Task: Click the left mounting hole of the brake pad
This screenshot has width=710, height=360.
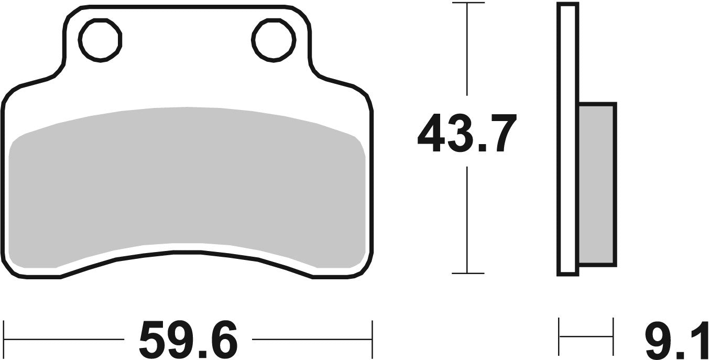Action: pyautogui.click(x=100, y=38)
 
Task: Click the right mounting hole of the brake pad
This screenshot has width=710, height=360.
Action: pyautogui.click(x=272, y=38)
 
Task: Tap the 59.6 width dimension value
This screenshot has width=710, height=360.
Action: pyautogui.click(x=188, y=340)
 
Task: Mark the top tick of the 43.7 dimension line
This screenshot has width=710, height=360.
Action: pyautogui.click(x=467, y=3)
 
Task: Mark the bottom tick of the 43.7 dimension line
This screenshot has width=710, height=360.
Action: pyautogui.click(x=467, y=273)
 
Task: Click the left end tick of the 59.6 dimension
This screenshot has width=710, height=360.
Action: pyautogui.click(x=4, y=340)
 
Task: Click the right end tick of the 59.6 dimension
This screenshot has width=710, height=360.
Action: pyautogui.click(x=372, y=340)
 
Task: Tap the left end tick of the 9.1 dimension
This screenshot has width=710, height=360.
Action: pyautogui.click(x=560, y=336)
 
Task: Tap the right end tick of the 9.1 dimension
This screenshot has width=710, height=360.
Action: pyautogui.click(x=613, y=336)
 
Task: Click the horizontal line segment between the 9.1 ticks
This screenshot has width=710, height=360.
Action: pyautogui.click(x=586, y=336)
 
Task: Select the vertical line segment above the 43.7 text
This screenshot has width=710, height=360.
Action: pyautogui.click(x=467, y=52)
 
